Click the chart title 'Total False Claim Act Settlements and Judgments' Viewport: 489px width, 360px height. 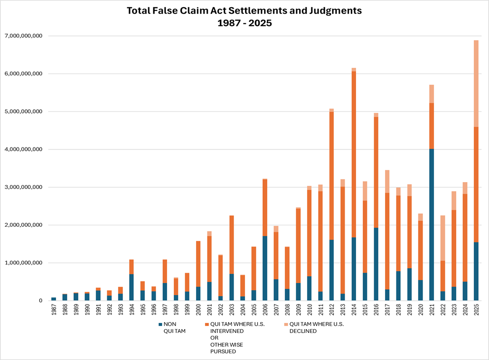(x=245, y=10)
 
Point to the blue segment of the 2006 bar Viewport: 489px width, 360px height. (x=265, y=268)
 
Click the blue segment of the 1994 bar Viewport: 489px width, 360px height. (x=132, y=287)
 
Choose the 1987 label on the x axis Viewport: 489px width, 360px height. (x=54, y=311)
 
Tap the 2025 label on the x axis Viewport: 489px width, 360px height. (x=477, y=311)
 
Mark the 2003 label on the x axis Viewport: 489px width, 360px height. (x=232, y=311)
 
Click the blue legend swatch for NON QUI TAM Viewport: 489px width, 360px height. (x=160, y=324)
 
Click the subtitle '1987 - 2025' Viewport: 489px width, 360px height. (x=245, y=22)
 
